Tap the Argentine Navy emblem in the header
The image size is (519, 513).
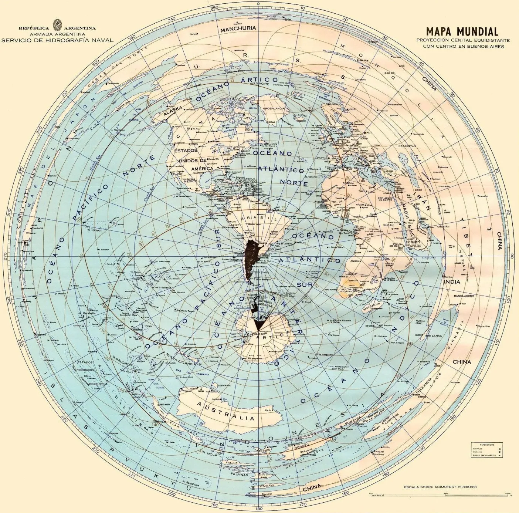click(57, 26)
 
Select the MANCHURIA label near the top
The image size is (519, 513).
click(238, 28)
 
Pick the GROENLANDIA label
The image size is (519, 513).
click(274, 108)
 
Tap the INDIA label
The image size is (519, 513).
click(452, 281)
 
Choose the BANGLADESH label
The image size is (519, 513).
click(464, 296)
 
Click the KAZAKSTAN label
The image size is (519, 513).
click(407, 146)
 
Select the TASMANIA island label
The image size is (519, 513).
click(224, 385)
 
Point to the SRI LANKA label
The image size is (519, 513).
click(433, 336)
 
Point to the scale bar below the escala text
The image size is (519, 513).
click(440, 494)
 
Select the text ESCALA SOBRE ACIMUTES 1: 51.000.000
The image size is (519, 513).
click(440, 487)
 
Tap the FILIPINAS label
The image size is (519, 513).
click(239, 474)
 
